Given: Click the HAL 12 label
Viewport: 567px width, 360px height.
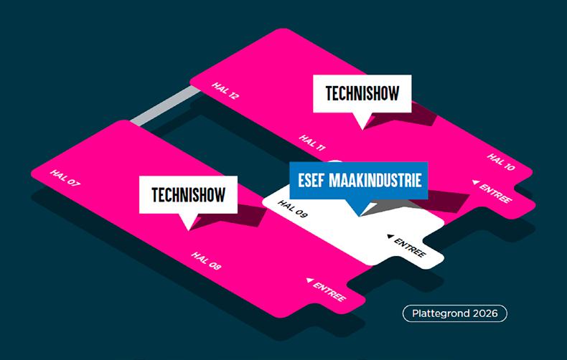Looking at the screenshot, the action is click(225, 91).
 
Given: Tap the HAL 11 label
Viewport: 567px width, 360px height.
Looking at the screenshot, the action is click(312, 143).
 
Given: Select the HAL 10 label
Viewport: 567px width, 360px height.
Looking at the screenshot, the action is click(501, 163).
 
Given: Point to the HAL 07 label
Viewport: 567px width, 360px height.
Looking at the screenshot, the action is click(65, 178).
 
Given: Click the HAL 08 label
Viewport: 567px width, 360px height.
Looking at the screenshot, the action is click(206, 261).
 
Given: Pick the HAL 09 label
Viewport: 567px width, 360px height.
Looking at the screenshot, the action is click(292, 209).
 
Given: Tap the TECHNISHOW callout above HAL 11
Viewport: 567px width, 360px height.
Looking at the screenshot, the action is click(362, 94).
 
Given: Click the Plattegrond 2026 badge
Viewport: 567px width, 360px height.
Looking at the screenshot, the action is click(455, 313).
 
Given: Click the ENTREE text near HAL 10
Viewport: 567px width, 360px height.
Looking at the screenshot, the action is click(496, 194).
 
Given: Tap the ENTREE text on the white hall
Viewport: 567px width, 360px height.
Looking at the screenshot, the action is click(411, 247).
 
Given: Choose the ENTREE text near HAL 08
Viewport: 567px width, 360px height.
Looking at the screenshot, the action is click(329, 290).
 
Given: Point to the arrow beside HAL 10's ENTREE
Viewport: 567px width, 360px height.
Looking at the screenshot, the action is click(475, 183).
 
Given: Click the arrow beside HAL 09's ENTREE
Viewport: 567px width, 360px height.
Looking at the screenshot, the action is click(390, 236).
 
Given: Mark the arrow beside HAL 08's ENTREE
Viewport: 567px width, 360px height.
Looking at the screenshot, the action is click(309, 280).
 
